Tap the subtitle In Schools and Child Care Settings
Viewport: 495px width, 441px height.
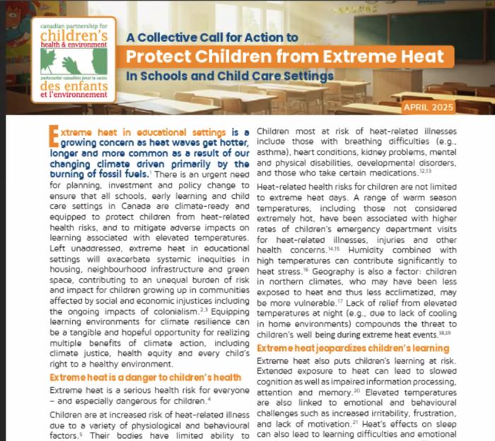pyautogui.click(x=231, y=74)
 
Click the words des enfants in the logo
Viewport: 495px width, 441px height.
pyautogui.click(x=75, y=86)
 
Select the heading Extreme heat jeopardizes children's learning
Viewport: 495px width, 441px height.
pyautogui.click(x=352, y=349)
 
